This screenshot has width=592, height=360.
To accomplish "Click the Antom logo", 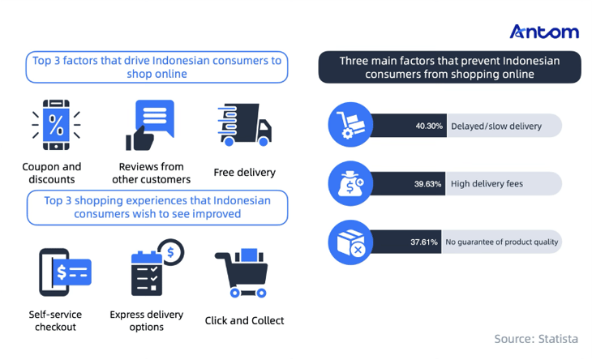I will [x=544, y=32].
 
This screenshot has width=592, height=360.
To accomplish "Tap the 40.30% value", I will [x=428, y=126].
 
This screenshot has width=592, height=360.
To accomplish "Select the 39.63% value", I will [x=427, y=184].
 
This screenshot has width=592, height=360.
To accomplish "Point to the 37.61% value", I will [x=424, y=242].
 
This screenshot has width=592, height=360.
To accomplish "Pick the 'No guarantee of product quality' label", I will [x=502, y=242].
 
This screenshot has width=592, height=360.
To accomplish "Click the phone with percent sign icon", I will [x=56, y=126].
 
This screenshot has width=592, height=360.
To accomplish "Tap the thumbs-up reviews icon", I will [x=150, y=126].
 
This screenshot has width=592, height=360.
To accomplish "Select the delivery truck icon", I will [x=244, y=125].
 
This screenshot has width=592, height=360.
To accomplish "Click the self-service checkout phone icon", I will [x=63, y=272].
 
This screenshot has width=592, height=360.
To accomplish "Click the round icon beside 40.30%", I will [x=350, y=125].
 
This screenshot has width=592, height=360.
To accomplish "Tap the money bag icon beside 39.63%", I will [x=350, y=183].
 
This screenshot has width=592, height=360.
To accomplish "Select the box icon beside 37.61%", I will [x=350, y=242].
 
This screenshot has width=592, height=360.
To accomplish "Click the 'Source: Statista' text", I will [x=536, y=338].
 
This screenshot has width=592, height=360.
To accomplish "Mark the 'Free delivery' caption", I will [x=244, y=172].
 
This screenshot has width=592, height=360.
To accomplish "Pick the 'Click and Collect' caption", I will [x=244, y=320].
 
